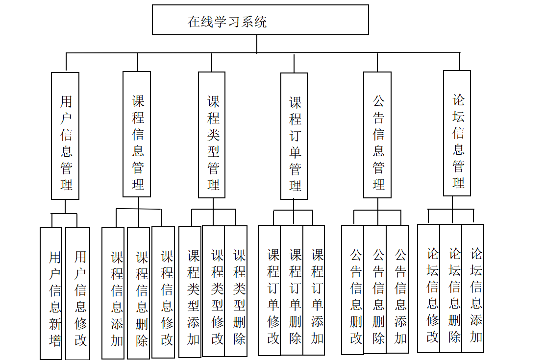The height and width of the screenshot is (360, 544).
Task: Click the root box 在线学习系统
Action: (260, 20)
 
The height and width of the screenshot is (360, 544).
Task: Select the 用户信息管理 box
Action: (65, 136)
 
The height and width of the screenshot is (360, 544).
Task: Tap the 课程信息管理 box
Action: (137, 134)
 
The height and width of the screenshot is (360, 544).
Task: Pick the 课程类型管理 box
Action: (212, 135)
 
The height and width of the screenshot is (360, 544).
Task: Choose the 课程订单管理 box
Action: (294, 136)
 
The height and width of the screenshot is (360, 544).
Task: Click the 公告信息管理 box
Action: (377, 135)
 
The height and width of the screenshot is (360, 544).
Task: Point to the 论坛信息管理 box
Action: (457, 133)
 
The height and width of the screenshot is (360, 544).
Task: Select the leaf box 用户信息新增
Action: (51, 293)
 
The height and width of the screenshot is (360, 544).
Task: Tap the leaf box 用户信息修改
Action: (77, 293)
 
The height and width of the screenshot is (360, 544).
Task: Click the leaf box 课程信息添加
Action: (113, 293)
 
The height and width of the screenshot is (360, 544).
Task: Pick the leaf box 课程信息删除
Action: (138, 293)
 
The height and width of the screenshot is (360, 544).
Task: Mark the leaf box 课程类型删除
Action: (236, 291)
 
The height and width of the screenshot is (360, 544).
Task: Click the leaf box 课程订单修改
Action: (270, 290)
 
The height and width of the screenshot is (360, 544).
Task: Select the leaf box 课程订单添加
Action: (314, 290)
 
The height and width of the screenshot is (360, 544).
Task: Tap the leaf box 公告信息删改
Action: (353, 289)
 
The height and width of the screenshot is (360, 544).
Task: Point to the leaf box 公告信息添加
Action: (397, 289)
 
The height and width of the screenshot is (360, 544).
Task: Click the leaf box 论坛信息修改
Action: (429, 288)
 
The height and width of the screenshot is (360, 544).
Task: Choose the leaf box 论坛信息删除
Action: (451, 288)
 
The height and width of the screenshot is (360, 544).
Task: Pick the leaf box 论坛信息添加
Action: (473, 288)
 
